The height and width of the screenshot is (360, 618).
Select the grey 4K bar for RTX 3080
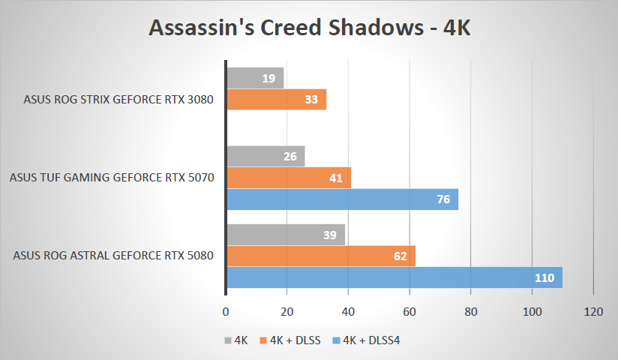point(255,78)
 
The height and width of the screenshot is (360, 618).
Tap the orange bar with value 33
point(276,100)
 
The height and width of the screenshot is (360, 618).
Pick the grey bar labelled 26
point(265,157)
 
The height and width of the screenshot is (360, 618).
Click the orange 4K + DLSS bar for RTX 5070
point(289,178)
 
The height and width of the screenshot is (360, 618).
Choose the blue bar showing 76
point(342,199)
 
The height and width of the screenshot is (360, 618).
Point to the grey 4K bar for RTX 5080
point(286,235)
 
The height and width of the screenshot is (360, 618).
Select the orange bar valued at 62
point(321,256)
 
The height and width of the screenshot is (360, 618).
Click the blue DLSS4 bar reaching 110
point(394,277)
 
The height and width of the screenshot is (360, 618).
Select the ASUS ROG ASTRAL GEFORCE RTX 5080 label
point(113,256)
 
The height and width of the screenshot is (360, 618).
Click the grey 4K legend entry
point(236,340)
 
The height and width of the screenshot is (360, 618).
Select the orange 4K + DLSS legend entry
point(291,340)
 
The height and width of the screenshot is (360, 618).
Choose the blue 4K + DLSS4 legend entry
point(367,340)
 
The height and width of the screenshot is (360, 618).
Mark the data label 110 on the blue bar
point(544,278)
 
